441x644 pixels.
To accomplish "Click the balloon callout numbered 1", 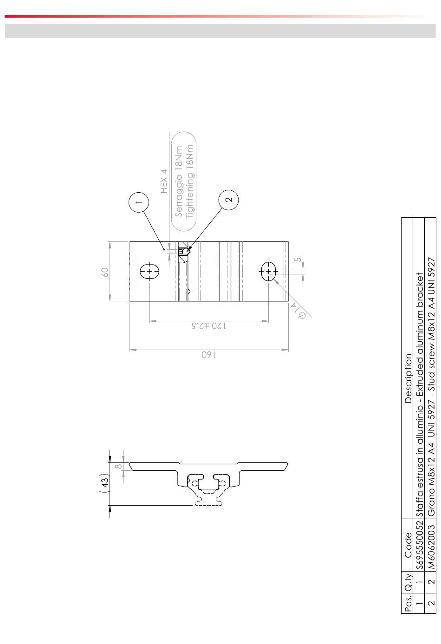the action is tap(139, 202).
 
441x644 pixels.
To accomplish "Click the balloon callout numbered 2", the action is tap(228, 200).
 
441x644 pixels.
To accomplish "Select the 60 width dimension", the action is tap(105, 272).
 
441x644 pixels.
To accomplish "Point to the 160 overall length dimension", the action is tap(209, 354).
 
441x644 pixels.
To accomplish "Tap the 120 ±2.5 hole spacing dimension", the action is tap(209, 326).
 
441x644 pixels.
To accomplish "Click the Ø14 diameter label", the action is tap(298, 311).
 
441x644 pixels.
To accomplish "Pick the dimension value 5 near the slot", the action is tap(298, 260).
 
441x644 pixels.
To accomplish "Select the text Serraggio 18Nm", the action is tap(179, 181).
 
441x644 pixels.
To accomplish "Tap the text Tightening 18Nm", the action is tap(189, 181).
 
